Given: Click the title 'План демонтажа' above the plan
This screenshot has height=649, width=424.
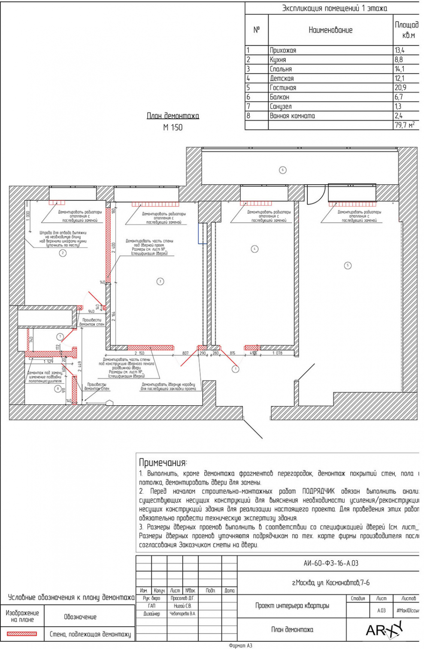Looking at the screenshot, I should click(x=173, y=116).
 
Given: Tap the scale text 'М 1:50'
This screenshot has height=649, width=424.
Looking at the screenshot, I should click(x=173, y=127).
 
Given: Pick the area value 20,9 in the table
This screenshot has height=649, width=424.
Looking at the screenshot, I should click(x=400, y=88).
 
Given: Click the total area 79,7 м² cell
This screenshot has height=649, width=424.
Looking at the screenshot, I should click(x=405, y=125).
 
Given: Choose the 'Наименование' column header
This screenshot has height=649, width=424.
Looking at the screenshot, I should click(x=330, y=30).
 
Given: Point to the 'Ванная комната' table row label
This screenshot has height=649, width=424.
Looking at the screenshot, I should click(x=292, y=116).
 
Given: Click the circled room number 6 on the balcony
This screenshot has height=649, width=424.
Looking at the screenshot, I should click(x=282, y=170).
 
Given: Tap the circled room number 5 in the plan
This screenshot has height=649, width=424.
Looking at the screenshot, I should click(x=348, y=266).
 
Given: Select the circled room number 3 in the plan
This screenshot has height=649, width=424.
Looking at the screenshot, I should click(x=160, y=282).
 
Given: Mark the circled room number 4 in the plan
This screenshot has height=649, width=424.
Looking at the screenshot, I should click(x=254, y=249).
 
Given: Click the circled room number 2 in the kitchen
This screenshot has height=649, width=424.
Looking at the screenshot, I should click(x=63, y=253).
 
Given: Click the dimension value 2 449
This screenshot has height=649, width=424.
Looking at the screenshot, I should click(x=79, y=366).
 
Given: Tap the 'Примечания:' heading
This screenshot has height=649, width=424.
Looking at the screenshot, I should click(x=163, y=463).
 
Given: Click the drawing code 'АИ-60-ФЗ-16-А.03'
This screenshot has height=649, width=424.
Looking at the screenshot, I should click(x=330, y=563).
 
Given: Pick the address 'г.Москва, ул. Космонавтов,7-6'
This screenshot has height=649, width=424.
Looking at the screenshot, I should click(x=330, y=583).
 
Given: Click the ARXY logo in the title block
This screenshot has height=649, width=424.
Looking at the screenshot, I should click(x=384, y=630).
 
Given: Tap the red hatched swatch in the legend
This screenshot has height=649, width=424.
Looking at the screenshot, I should click(x=22, y=634).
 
